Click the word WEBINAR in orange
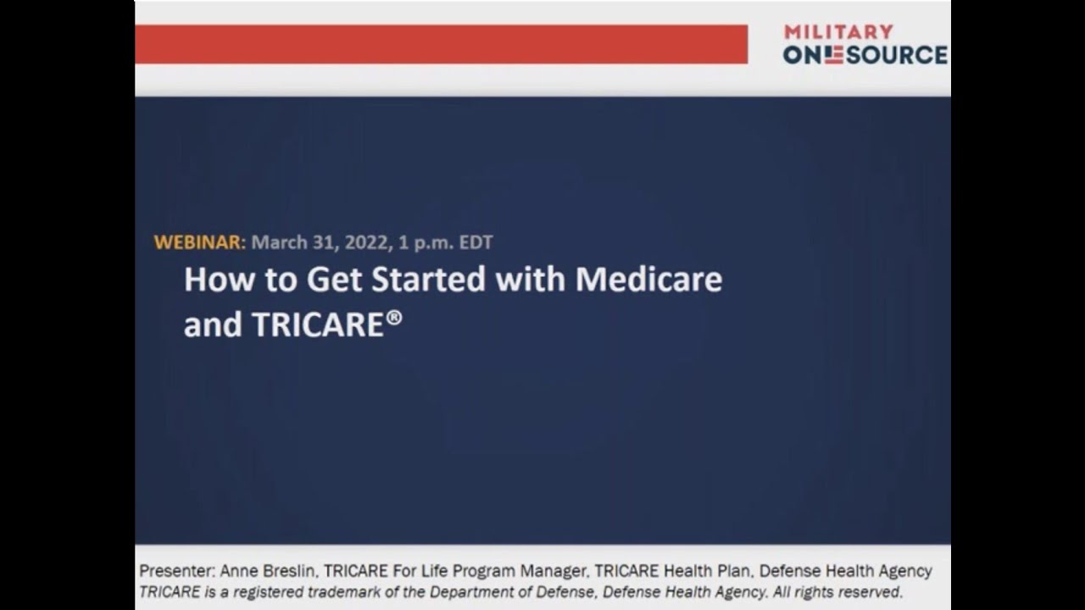point(199,242)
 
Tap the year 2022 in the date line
point(366,242)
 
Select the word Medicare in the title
point(648,279)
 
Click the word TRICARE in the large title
point(318,324)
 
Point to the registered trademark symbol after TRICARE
point(394,318)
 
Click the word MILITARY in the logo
point(838,32)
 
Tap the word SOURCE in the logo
point(897,55)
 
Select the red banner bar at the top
point(442,44)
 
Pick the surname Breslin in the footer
point(290,571)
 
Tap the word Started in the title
point(428,279)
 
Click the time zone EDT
point(476,242)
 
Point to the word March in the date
point(280,242)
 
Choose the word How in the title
point(219,279)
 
